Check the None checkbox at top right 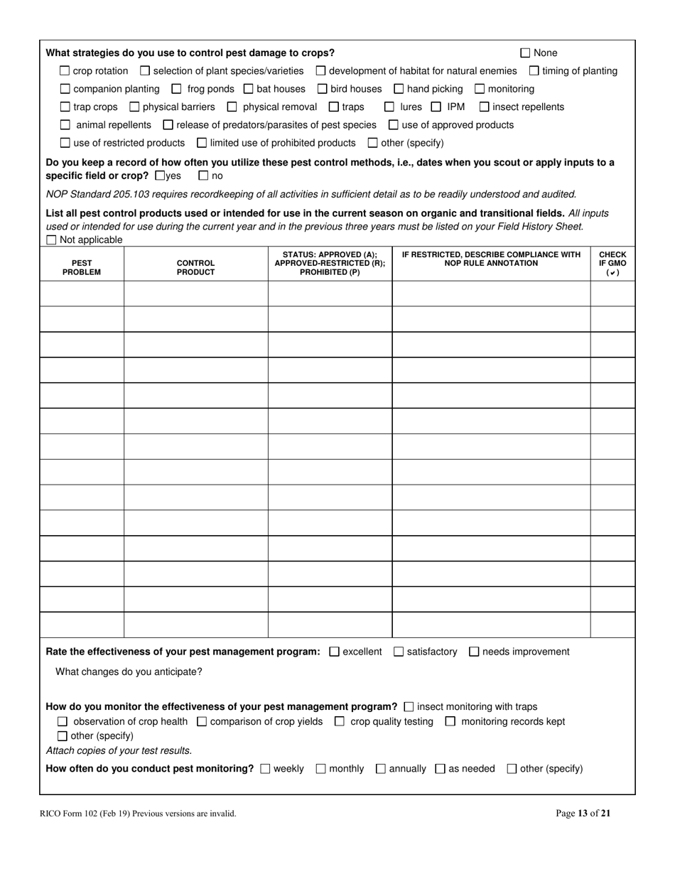point(526,53)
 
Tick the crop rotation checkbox point(65,71)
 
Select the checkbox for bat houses point(249,89)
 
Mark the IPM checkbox point(436,107)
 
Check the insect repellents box point(485,107)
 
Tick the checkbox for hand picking point(399,89)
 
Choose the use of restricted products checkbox point(65,143)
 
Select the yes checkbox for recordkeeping point(159,176)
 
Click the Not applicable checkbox point(51,240)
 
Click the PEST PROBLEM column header point(82,267)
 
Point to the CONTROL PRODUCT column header point(195,267)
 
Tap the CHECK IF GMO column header point(612,263)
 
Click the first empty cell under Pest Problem point(82,293)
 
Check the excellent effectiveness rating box point(335,652)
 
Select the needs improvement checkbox point(475,652)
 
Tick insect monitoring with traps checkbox point(409,707)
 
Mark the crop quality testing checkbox point(340,722)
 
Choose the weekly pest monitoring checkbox point(266,769)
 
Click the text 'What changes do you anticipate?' point(129,671)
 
